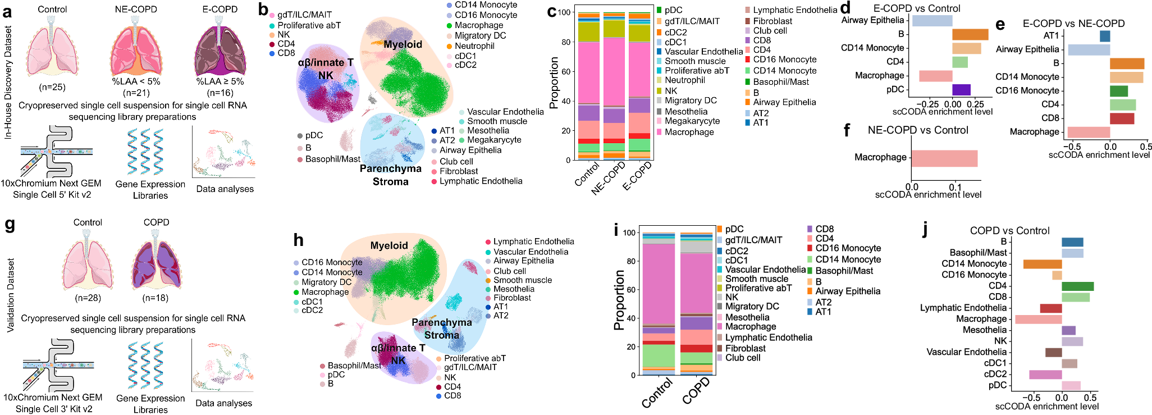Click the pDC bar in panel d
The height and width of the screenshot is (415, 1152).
961,89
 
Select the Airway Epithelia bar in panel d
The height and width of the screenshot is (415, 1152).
932,21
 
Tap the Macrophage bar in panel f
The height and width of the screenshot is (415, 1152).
944,158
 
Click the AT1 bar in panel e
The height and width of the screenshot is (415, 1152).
1104,37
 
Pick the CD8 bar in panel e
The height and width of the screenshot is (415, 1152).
1122,118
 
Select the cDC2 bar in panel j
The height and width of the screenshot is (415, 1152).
1045,375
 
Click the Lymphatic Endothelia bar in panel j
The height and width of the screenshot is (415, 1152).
1050,308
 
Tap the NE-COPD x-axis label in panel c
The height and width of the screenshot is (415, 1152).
609,179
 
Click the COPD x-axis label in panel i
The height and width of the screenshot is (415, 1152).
696,391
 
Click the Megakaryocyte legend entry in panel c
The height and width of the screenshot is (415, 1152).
689,121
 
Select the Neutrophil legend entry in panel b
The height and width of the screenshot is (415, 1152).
475,46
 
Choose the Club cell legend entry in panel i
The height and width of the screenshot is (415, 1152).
742,358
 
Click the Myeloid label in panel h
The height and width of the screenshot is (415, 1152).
388,246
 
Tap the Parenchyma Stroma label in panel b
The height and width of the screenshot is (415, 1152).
391,175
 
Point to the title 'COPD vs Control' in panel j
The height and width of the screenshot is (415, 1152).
1009,231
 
